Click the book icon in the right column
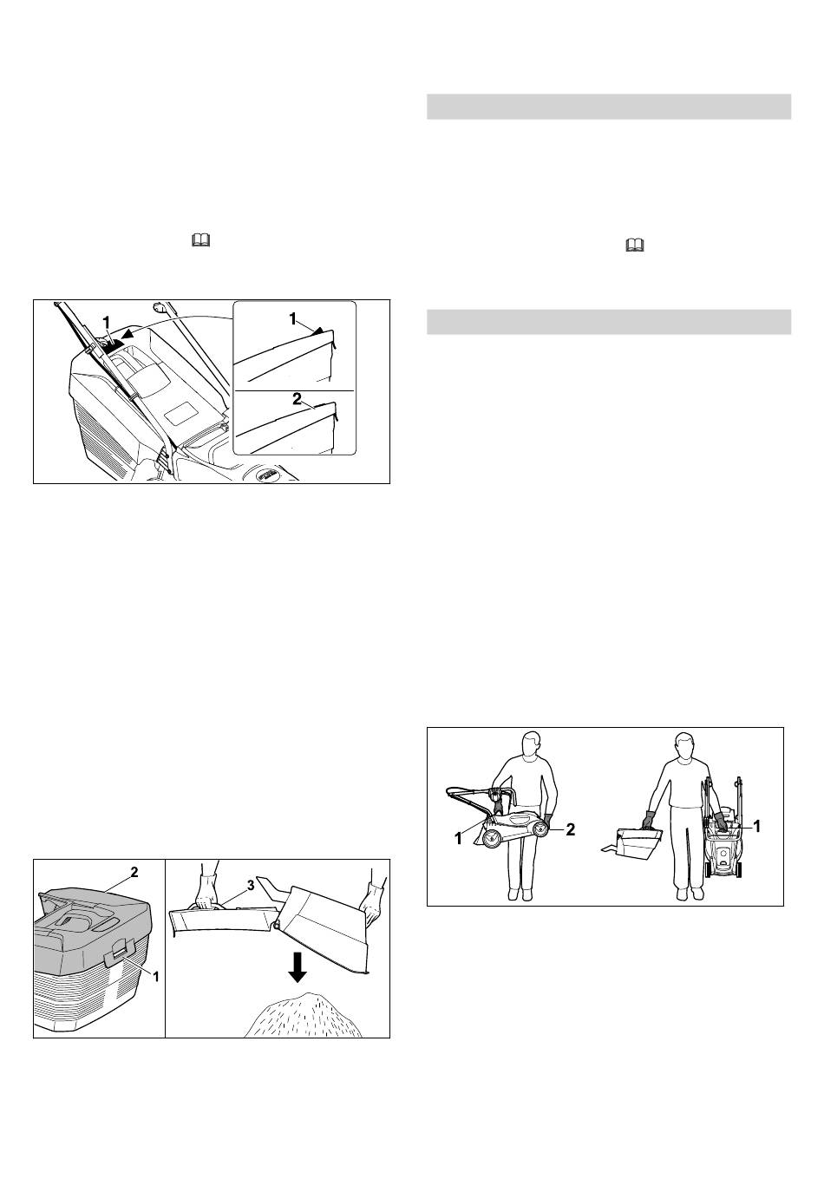[x=635, y=247]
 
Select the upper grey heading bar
[x=609, y=107]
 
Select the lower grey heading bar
[x=609, y=321]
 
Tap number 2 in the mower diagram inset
[x=297, y=401]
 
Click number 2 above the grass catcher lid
[x=134, y=869]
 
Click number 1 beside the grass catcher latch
[x=156, y=976]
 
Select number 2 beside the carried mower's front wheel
[x=571, y=829]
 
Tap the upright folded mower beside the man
[x=722, y=833]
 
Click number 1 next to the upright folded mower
[x=757, y=827]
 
